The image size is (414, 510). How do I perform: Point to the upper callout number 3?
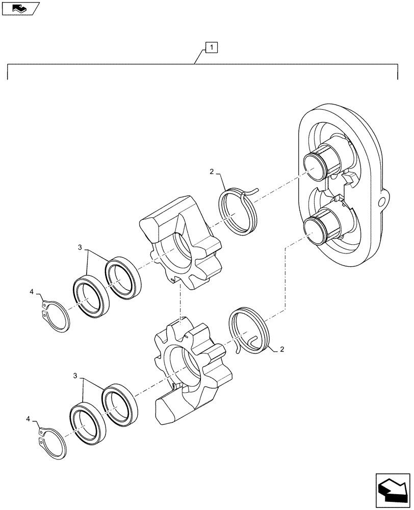point(80,247)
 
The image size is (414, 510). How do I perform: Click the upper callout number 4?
point(32,292)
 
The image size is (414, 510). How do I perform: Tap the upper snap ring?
point(56,317)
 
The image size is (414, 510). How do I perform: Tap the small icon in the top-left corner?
point(20,9)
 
